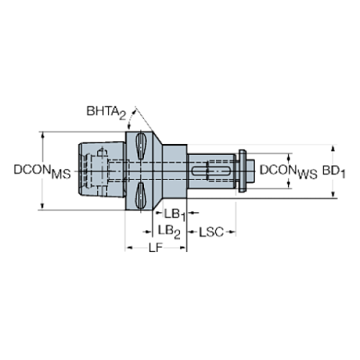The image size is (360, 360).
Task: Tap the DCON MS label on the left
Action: (42, 171)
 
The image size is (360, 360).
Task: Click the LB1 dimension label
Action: (173, 214)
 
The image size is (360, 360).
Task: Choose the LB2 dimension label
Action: (170, 231)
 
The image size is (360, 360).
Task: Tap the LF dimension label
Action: (155, 250)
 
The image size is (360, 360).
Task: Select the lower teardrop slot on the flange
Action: (139, 195)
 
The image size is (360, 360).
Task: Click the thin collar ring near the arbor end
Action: (240, 172)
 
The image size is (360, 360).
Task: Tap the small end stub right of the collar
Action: (249, 172)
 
